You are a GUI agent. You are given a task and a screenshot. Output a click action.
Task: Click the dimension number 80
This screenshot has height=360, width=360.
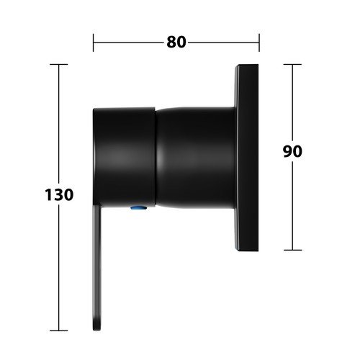pyautogui.click(x=176, y=42)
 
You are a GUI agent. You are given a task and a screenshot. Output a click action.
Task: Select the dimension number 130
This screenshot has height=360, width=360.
pyautogui.click(x=59, y=194)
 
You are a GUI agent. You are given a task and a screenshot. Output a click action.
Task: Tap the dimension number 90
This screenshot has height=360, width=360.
pyautogui.click(x=292, y=151)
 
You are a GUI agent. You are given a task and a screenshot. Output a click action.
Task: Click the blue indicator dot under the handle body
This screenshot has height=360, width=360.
pyautogui.click(x=139, y=207)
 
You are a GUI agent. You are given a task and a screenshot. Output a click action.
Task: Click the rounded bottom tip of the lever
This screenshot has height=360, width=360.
pyautogui.click(x=97, y=330)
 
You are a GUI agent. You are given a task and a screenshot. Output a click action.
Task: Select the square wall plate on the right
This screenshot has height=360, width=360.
pyautogui.click(x=246, y=158)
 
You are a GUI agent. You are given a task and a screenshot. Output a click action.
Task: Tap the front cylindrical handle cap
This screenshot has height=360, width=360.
pyautogui.click(x=125, y=157)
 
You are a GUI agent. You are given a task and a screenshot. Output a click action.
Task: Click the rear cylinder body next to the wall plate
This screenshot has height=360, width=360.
pyautogui.click(x=195, y=158)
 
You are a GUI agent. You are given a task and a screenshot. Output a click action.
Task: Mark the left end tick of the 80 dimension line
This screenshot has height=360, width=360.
pyautogui.click(x=94, y=42)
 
